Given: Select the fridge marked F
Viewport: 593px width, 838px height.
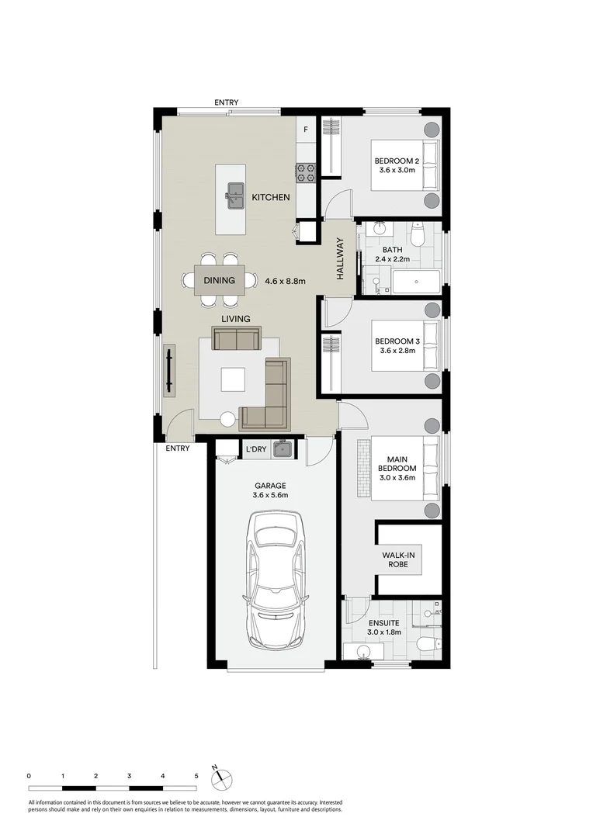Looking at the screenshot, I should (x=306, y=130).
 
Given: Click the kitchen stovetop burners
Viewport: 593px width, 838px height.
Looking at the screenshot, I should (x=304, y=173).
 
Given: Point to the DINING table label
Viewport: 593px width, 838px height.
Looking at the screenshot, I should (x=219, y=281).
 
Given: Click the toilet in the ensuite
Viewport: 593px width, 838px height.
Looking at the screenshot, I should (x=426, y=643).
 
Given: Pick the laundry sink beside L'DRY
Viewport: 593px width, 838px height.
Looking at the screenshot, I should (x=284, y=448).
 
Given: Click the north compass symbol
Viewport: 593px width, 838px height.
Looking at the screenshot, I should (x=221, y=776).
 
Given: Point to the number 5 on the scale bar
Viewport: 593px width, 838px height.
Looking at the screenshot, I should (x=196, y=775).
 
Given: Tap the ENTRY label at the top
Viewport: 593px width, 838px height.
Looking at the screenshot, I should (x=227, y=102).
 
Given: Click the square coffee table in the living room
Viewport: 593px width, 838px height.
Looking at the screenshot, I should (x=233, y=379).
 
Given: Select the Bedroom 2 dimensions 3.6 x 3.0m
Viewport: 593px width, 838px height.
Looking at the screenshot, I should (x=396, y=170).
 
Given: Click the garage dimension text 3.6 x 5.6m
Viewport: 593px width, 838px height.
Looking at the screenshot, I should (x=269, y=495).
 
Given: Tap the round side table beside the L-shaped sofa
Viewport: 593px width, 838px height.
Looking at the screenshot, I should (x=227, y=419).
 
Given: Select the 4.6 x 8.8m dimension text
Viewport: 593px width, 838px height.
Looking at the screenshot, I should (x=283, y=281).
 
